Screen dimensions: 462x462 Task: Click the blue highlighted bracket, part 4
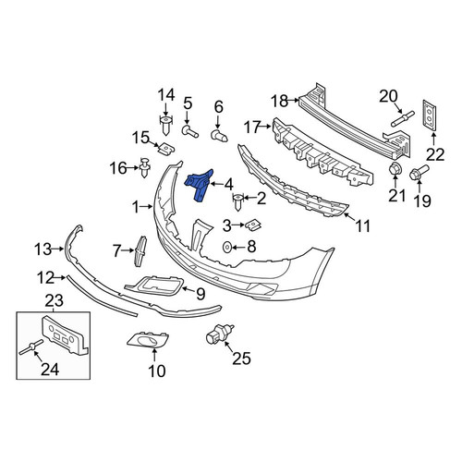(199, 184)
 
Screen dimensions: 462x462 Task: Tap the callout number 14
(166, 94)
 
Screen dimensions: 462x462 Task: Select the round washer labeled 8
(227, 247)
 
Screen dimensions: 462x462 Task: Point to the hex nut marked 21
(395, 169)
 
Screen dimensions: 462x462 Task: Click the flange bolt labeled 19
(419, 173)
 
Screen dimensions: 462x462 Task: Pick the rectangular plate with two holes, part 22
(430, 115)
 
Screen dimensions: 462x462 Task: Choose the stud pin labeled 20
(403, 118)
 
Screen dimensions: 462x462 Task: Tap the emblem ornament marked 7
(140, 251)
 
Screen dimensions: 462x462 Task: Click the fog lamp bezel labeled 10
(148, 340)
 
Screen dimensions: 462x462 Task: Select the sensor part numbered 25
(219, 334)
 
